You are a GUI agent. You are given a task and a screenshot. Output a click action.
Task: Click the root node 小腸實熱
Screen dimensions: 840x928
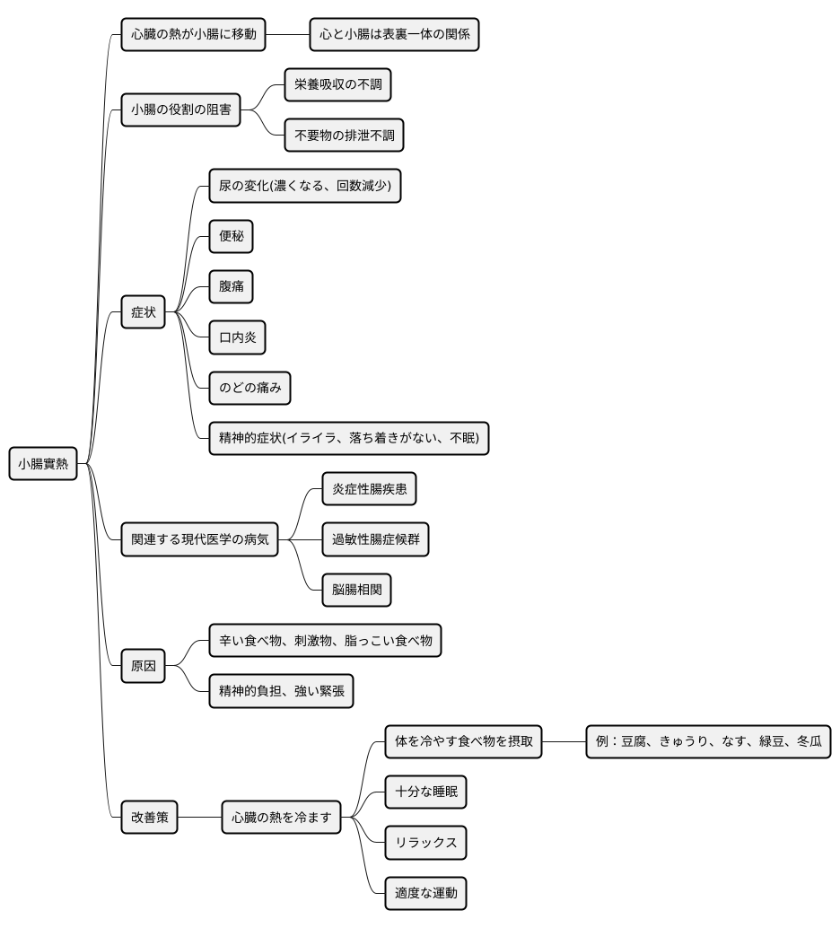pyautogui.click(x=43, y=463)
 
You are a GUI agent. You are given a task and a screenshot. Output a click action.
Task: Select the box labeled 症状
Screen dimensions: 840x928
pyautogui.click(x=144, y=312)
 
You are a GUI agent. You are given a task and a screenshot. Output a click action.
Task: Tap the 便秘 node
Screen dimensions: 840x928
pyautogui.click(x=231, y=236)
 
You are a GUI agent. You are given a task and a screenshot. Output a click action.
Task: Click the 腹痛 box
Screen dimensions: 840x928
pyautogui.click(x=231, y=286)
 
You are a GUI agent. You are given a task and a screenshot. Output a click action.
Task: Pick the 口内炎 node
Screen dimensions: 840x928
pyautogui.click(x=238, y=337)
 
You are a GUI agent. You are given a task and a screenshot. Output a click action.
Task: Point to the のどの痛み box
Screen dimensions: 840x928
pyautogui.click(x=249, y=388)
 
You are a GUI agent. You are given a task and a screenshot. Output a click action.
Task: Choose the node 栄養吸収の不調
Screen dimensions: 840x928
pyautogui.click(x=338, y=84)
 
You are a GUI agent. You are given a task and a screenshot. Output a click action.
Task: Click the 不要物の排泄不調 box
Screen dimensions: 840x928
pyautogui.click(x=344, y=135)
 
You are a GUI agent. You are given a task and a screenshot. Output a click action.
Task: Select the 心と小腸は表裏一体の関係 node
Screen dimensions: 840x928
pyautogui.click(x=394, y=34)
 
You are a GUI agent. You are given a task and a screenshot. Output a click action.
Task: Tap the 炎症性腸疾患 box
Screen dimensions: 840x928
pyautogui.click(x=370, y=489)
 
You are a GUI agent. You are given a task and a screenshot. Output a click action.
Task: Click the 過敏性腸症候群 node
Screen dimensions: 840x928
pyautogui.click(x=375, y=539)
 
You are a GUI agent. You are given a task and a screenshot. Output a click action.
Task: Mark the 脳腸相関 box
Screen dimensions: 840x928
pyautogui.click(x=357, y=590)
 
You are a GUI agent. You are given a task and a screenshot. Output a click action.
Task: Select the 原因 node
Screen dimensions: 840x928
pyautogui.click(x=144, y=666)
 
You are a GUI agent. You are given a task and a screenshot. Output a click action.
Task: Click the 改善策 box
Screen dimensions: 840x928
pyautogui.click(x=149, y=818)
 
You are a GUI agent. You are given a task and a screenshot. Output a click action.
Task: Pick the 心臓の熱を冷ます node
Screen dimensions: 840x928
pyautogui.click(x=281, y=818)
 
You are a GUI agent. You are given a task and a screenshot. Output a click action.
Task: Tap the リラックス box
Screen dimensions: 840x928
pyautogui.click(x=425, y=842)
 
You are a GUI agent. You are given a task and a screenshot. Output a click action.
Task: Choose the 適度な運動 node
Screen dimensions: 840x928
pyautogui.click(x=425, y=893)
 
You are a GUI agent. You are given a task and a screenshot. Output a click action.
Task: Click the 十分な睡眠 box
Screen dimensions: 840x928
pyautogui.click(x=425, y=792)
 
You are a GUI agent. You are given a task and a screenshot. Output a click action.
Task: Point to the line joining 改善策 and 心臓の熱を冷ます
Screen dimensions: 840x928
pyautogui.click(x=199, y=818)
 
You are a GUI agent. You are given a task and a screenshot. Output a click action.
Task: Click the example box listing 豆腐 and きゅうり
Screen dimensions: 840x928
pyautogui.click(x=709, y=741)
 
